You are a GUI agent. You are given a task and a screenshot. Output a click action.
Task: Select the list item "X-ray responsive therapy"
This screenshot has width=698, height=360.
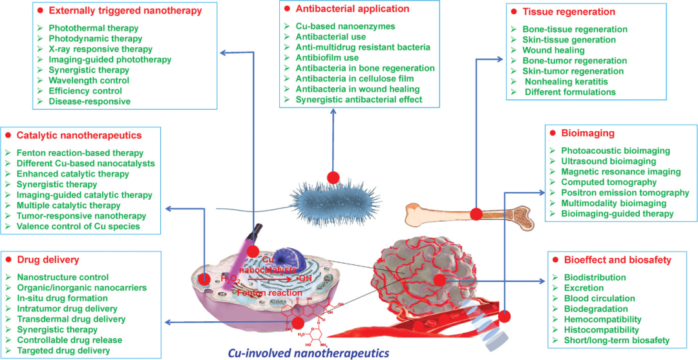[x=101, y=48]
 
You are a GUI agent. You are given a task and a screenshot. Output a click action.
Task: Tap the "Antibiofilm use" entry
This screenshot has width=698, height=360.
[x=327, y=58]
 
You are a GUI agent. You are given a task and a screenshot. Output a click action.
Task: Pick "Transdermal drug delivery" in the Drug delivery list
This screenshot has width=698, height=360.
[x=71, y=319]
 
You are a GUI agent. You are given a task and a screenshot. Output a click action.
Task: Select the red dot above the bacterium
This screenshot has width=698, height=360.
[x=333, y=178]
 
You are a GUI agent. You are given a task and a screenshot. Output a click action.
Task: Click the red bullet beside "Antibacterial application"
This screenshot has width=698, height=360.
[x=287, y=8]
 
